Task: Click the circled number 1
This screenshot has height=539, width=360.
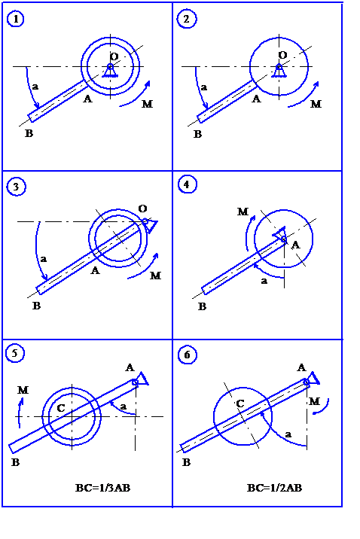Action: pos(16,19)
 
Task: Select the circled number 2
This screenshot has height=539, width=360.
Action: pos(186,19)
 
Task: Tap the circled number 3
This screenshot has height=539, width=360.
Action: pos(16,187)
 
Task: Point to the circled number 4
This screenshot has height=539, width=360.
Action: pos(187,184)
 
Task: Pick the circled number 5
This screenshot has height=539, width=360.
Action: pos(15,353)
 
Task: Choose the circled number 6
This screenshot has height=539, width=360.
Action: pos(188,355)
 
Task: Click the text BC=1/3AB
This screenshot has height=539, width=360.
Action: pos(103,488)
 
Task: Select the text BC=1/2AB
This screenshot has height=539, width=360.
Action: pos(274,488)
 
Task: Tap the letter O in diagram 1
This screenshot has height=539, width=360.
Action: pos(114,56)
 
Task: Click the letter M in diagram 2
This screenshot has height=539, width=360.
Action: pos(316,104)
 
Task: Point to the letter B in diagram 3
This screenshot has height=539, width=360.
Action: pos(36,306)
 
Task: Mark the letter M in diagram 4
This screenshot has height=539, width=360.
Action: pos(243,212)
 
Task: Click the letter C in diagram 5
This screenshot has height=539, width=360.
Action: pos(61,408)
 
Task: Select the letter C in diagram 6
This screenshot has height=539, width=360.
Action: pos(240,403)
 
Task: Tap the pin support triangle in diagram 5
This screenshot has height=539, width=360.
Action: pos(143,379)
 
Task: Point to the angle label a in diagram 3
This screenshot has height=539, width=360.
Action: pos(44,259)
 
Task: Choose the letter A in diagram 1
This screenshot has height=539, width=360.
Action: pos(87,99)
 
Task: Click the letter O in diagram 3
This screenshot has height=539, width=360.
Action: pos(142,209)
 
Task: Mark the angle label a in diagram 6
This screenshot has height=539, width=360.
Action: pos(288,434)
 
